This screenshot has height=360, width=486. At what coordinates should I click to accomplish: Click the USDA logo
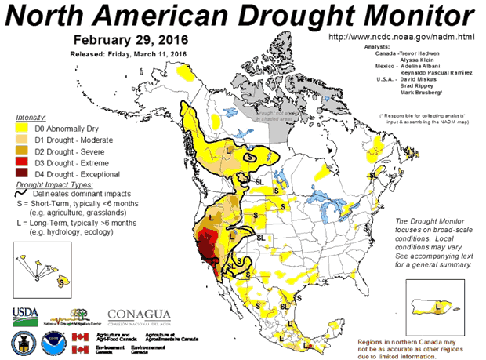click(x=25, y=315)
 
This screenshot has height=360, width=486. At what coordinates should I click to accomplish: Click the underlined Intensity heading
click(x=31, y=117)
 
